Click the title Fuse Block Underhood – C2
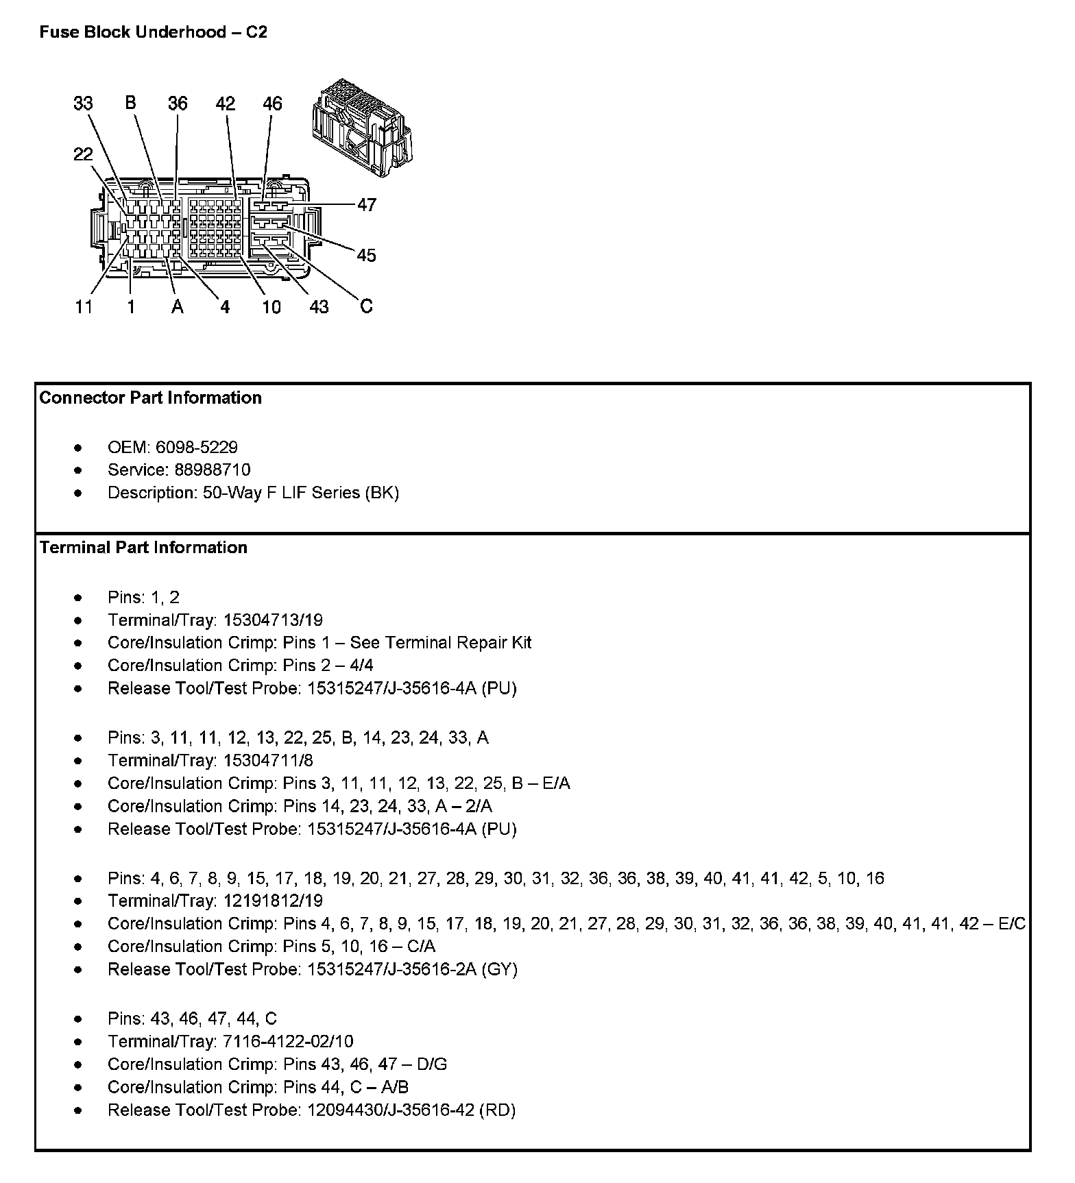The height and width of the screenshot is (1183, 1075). (x=153, y=32)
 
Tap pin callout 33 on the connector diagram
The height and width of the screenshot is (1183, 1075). (x=83, y=103)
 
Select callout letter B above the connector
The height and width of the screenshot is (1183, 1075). (x=131, y=103)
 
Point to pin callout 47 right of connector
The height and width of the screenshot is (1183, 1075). (x=367, y=205)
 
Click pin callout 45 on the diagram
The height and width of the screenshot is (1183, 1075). (x=367, y=256)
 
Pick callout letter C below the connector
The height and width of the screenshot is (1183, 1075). (x=366, y=306)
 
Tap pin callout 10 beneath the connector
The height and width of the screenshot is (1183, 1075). (x=271, y=307)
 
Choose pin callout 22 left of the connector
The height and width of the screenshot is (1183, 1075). (x=83, y=154)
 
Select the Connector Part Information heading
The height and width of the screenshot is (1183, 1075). (x=150, y=398)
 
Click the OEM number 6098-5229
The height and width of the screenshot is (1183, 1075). (x=197, y=448)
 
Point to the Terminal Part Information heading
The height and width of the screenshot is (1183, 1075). (x=143, y=548)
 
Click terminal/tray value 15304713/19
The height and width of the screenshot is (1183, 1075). (x=272, y=620)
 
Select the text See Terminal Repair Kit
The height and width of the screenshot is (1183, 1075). (x=440, y=643)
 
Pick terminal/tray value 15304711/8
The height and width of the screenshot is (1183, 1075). (x=268, y=761)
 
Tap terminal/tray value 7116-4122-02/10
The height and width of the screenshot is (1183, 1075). (x=288, y=1042)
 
